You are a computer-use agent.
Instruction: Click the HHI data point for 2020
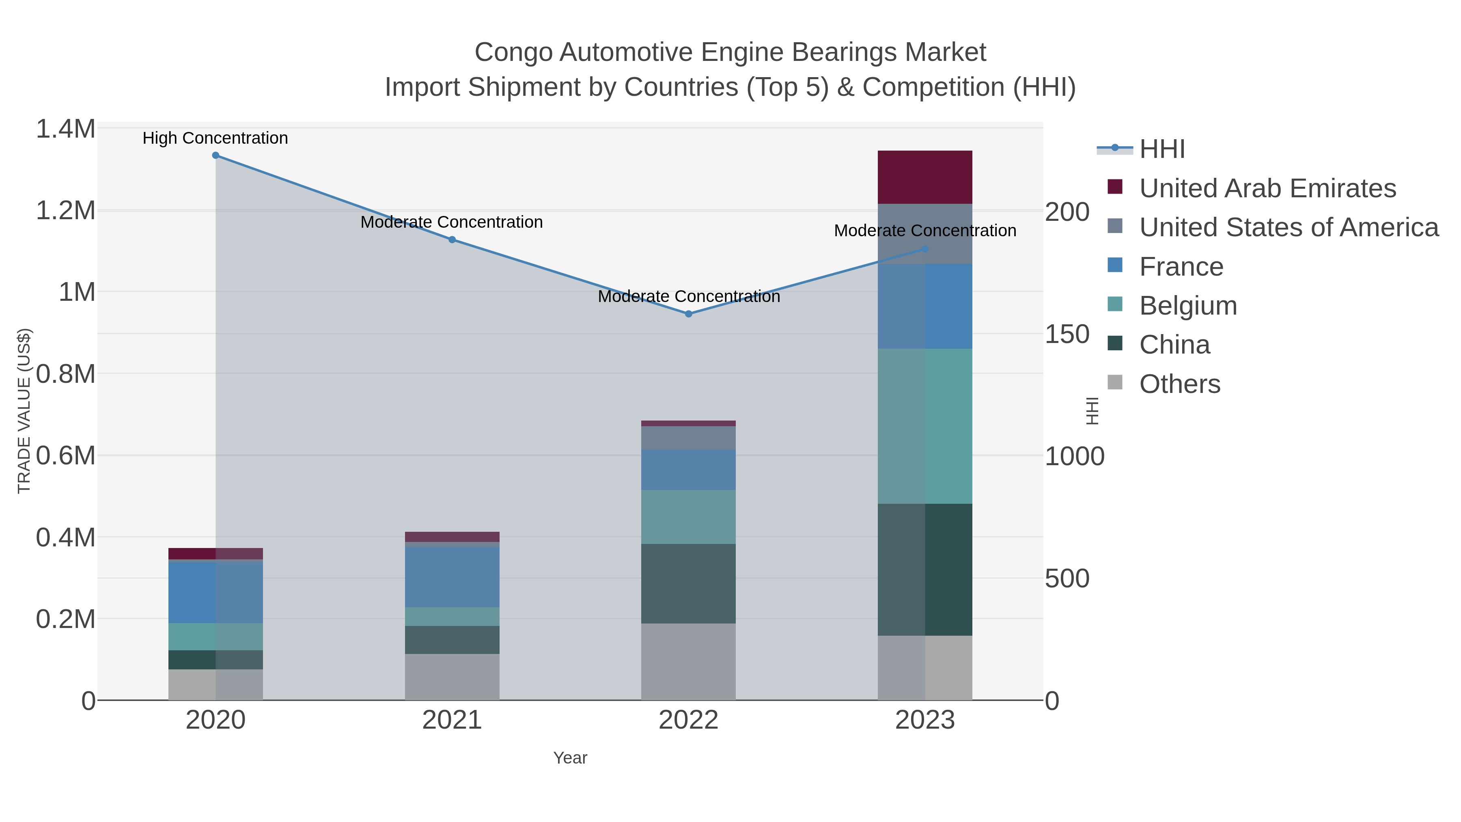pos(215,155)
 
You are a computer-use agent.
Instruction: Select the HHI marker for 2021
pos(452,240)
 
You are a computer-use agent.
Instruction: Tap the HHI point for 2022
pos(689,314)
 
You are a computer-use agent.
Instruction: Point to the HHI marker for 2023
pos(925,249)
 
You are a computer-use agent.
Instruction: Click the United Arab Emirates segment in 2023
pos(924,177)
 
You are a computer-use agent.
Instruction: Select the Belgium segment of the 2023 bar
pos(924,426)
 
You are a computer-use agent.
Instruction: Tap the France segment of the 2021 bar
pos(452,577)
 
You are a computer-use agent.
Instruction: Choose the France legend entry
pos(1181,267)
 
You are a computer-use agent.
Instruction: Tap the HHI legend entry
pos(1161,149)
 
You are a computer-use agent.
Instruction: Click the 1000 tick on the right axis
pos(1074,457)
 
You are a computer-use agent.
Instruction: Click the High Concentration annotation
pos(215,138)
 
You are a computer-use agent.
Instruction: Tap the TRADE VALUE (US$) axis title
pos(24,411)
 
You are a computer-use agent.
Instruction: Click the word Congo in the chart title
pos(513,53)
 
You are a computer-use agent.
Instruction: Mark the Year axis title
pos(570,758)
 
